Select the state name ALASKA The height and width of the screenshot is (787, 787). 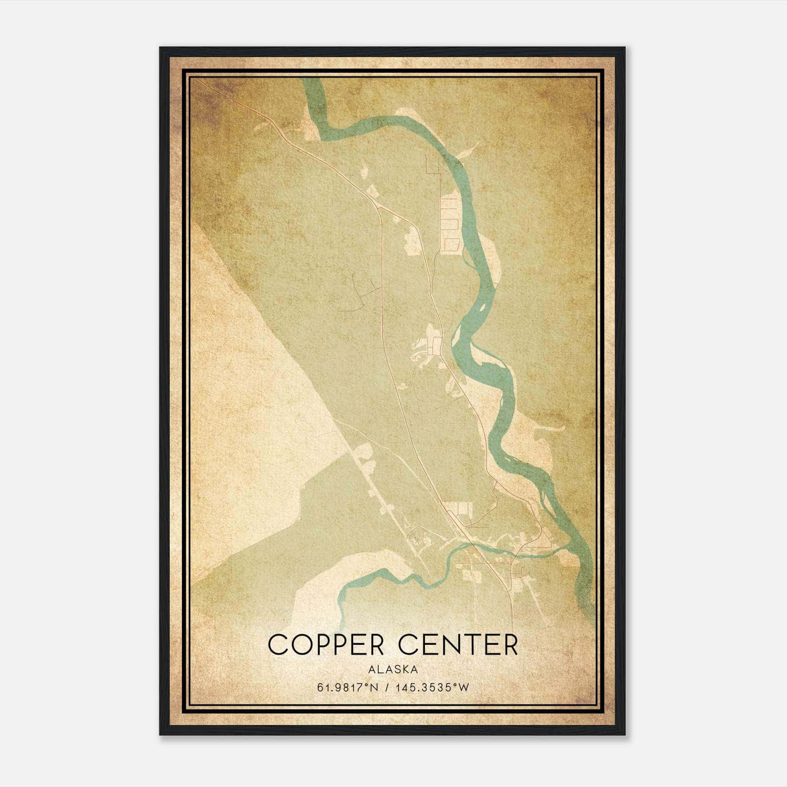[393, 669]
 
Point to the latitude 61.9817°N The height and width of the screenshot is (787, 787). [347, 688]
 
